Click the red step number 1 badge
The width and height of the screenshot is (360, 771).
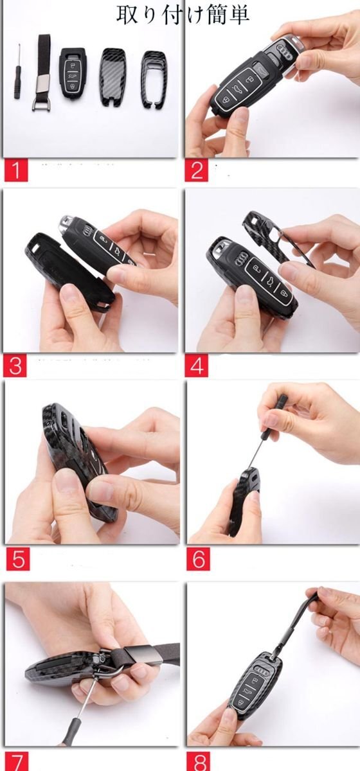(x=16, y=170)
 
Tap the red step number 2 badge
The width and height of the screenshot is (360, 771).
(x=197, y=170)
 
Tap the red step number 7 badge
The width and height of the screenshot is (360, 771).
(x=16, y=761)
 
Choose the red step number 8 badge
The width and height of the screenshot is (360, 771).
(x=199, y=761)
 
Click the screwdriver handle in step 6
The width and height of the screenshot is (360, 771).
(x=282, y=406)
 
